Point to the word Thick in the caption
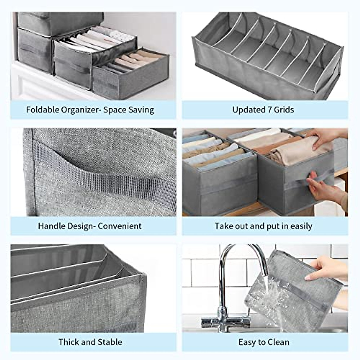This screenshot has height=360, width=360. [69, 342]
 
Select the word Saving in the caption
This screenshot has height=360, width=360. [141, 110]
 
